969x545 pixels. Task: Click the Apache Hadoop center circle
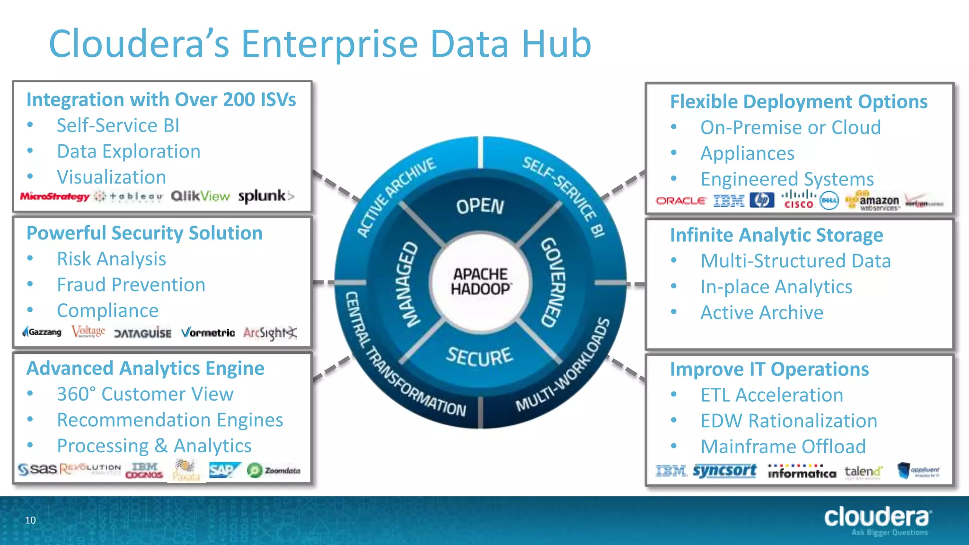point(481,281)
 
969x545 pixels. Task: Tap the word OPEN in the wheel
point(480,206)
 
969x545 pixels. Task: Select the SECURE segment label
point(479,356)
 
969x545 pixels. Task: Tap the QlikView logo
point(200,196)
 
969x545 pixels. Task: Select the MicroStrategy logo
point(54,196)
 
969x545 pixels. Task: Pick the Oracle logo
point(680,201)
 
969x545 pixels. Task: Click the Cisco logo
point(798,200)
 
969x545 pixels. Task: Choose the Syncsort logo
point(724,471)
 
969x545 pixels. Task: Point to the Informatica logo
point(802,472)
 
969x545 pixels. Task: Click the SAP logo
point(224,470)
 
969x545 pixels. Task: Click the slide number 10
point(30,520)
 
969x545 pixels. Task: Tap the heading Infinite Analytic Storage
point(776,235)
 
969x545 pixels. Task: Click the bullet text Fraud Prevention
point(131,285)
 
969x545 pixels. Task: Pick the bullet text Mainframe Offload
point(783,447)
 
